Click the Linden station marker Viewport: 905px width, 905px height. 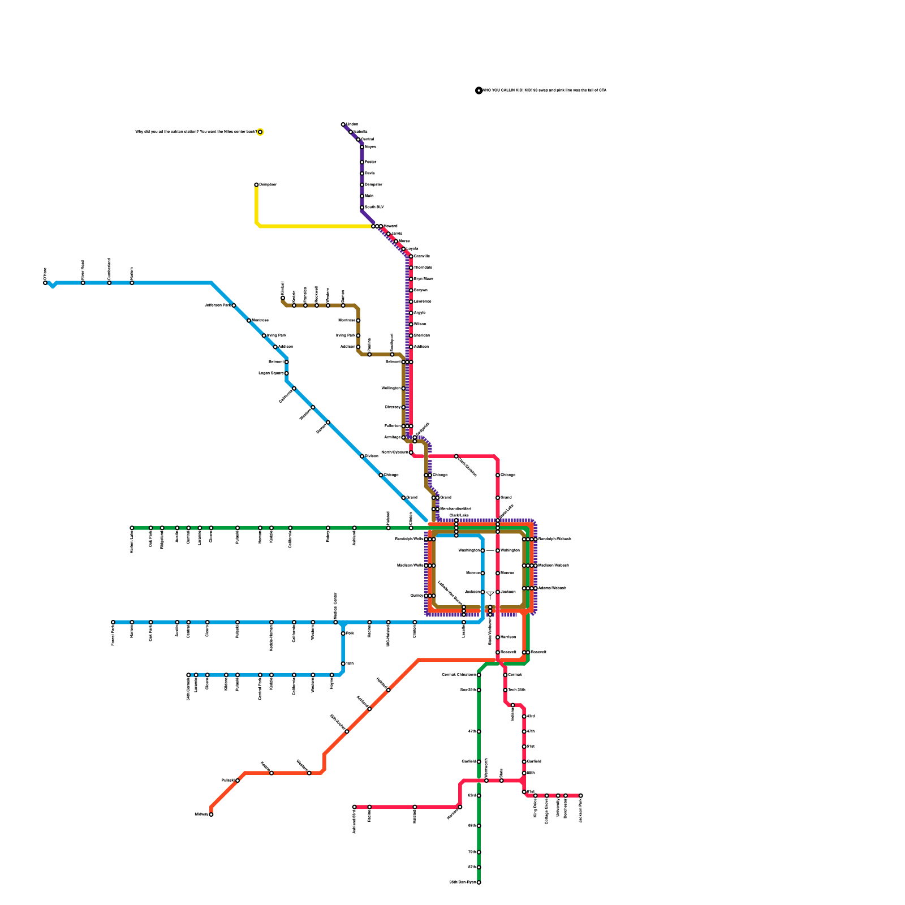tap(343, 124)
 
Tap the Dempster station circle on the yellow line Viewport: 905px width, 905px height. tap(256, 184)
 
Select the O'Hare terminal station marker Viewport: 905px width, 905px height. tap(45, 283)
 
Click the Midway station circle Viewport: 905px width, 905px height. tap(211, 815)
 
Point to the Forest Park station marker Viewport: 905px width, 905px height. tap(113, 622)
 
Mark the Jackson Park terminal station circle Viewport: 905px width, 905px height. tap(580, 796)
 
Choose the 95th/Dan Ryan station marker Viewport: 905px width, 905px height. tap(479, 882)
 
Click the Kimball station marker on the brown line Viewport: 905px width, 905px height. tap(283, 298)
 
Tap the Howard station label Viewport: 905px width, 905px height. tap(390, 226)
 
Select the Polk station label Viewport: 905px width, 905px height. tap(350, 633)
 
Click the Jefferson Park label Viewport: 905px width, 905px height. tap(218, 305)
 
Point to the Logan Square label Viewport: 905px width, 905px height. tap(271, 373)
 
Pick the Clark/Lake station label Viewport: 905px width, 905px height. tap(459, 515)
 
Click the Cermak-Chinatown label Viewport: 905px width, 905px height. tap(459, 675)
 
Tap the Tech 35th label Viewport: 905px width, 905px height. tap(517, 690)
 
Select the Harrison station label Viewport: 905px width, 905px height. tap(507, 637)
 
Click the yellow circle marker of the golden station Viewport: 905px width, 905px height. tap(260, 132)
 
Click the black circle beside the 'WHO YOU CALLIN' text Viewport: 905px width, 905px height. tap(479, 90)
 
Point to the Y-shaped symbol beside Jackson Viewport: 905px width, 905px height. tap(490, 594)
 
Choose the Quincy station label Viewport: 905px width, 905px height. tap(417, 596)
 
